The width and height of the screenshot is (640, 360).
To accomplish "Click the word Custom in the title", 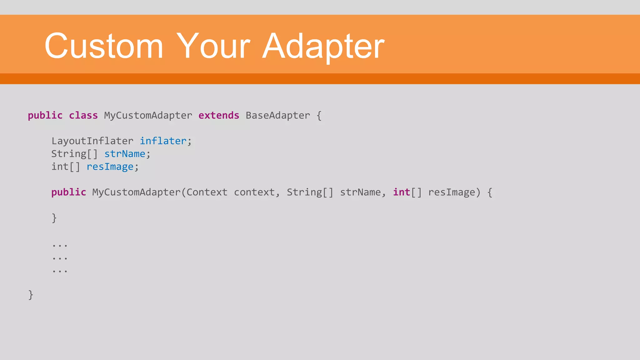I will click(x=104, y=46).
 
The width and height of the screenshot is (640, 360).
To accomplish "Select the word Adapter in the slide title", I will click(x=323, y=47).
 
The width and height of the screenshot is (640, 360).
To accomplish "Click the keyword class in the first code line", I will click(x=83, y=115).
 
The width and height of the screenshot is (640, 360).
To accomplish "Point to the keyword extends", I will click(x=219, y=115).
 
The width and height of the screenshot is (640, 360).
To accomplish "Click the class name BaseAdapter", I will click(x=278, y=115).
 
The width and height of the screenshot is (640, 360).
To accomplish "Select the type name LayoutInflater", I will click(x=92, y=141).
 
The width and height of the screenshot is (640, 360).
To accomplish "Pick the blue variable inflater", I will click(x=163, y=141).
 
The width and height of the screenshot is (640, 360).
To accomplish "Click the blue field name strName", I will click(x=125, y=154).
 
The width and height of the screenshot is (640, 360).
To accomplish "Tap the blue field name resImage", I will click(x=110, y=167).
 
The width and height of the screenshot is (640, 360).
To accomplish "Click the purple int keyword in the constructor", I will click(x=401, y=192).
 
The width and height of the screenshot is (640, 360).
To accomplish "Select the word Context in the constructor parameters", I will click(x=207, y=192).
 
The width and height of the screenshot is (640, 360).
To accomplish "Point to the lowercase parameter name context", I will click(x=254, y=192).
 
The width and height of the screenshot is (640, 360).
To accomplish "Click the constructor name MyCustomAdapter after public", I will click(x=136, y=192).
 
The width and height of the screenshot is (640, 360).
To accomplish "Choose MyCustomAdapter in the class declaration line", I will click(x=148, y=115).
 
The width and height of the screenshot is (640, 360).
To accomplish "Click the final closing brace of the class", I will click(x=31, y=295).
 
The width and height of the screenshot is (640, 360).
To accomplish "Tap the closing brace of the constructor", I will click(x=54, y=218).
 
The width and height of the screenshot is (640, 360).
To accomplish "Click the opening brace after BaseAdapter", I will click(x=319, y=115).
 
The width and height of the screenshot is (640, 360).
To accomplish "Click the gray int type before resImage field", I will click(x=60, y=167).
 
